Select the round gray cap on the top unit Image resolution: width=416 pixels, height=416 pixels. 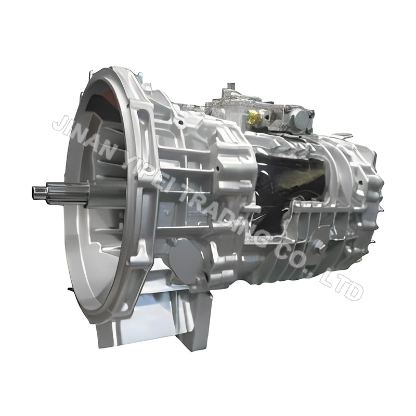(x=301, y=119)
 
